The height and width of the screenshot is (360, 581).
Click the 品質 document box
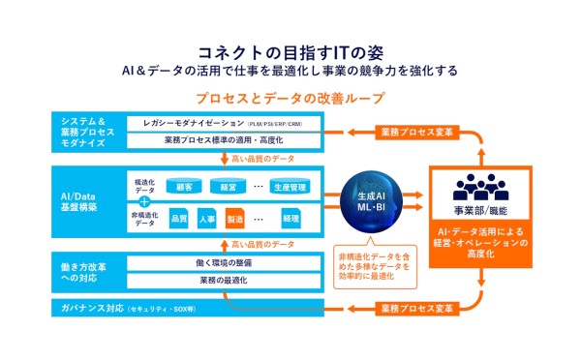pyautogui.click(x=179, y=219)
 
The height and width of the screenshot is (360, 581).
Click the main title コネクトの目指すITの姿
pyautogui.click(x=290, y=50)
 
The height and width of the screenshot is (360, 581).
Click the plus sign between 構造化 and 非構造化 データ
pyautogui.click(x=144, y=201)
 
